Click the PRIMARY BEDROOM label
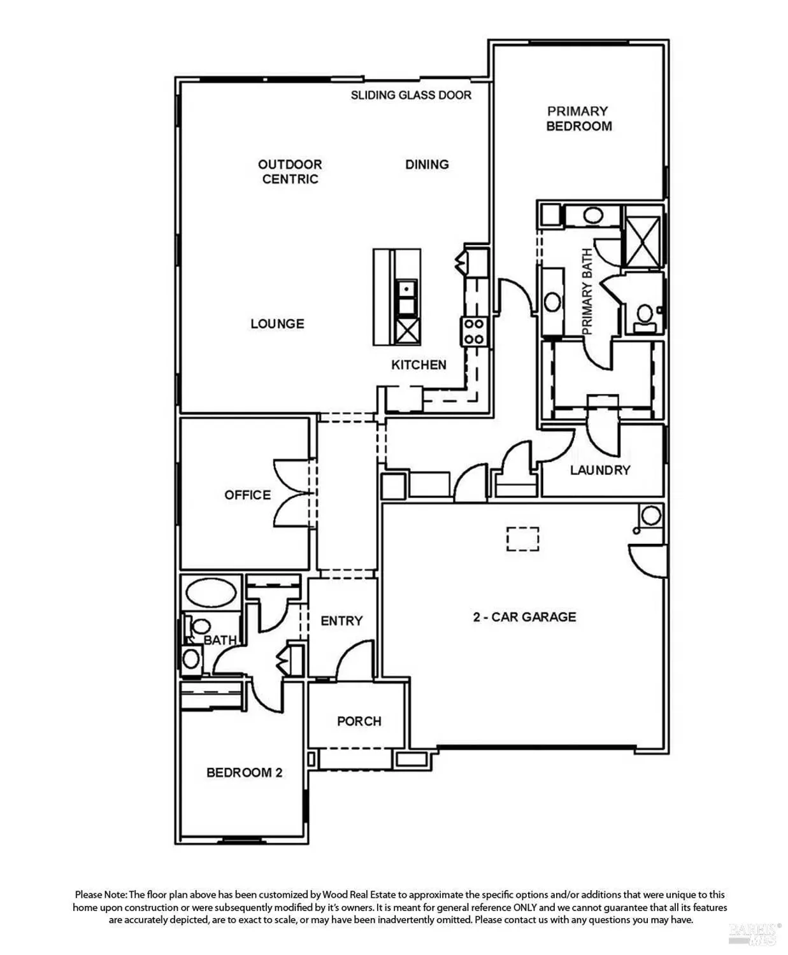[578, 118]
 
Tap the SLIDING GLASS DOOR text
[411, 95]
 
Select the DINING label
[427, 164]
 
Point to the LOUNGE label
[277, 323]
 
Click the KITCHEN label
[419, 365]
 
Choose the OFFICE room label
[247, 495]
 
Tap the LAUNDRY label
[600, 470]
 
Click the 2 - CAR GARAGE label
[524, 616]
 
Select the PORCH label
[359, 721]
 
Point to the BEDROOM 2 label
[244, 772]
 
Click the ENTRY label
[341, 620]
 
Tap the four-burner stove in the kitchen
[473, 331]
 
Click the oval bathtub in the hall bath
[211, 592]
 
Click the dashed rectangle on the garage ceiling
[523, 539]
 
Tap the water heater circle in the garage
[651, 515]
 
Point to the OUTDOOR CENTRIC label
[290, 171]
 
